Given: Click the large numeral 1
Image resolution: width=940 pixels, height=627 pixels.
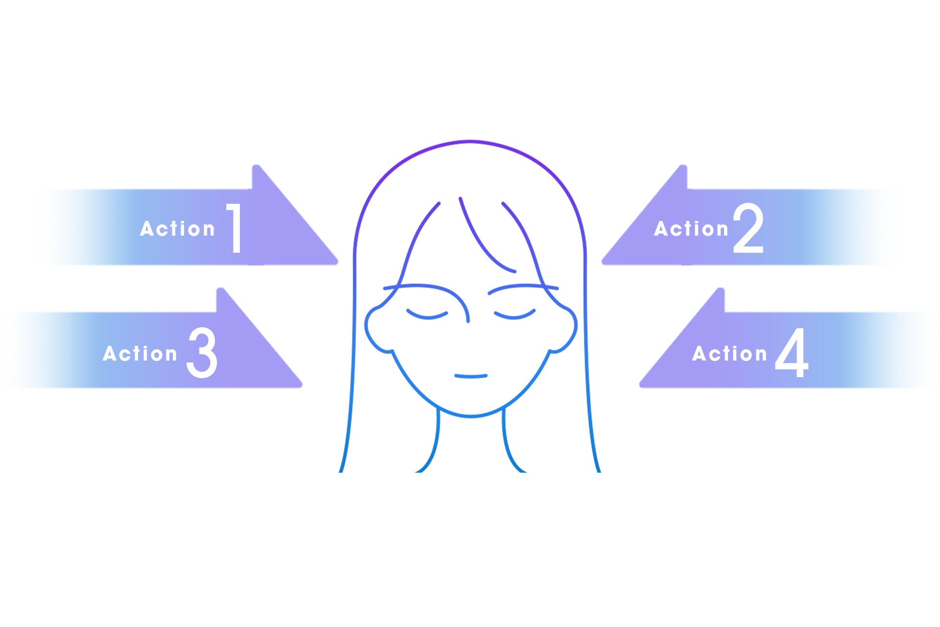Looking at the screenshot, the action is (x=235, y=228).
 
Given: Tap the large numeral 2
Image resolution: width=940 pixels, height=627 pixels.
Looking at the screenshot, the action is (x=748, y=228).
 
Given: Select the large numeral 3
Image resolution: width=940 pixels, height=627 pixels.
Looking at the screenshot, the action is (x=202, y=353).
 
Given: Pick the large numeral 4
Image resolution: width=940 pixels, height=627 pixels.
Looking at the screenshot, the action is (x=791, y=353).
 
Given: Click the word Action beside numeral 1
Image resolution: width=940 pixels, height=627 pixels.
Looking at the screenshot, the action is (x=177, y=229).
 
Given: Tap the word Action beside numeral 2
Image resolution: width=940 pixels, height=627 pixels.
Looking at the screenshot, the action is (x=691, y=229).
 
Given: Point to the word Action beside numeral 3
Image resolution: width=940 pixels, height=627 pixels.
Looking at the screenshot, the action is (x=140, y=354).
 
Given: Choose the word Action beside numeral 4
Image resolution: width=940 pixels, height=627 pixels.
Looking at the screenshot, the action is (x=729, y=354).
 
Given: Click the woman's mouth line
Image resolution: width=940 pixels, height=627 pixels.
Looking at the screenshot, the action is (x=470, y=376).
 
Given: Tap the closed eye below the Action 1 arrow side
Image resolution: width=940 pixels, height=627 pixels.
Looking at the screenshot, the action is (x=427, y=315).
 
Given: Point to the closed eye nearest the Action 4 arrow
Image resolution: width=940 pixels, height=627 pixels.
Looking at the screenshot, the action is (x=515, y=314).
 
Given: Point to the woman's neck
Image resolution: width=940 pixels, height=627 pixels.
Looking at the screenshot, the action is (x=470, y=441).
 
